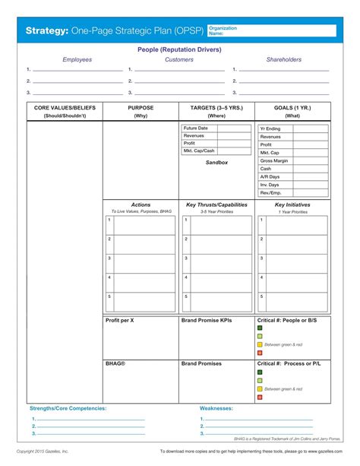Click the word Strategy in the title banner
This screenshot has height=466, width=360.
(x=47, y=31)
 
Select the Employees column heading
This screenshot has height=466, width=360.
(x=77, y=59)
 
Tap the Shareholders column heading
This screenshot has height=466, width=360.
(x=283, y=59)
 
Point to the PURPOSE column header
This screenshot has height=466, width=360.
(x=141, y=108)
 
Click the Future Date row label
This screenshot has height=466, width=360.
(x=196, y=128)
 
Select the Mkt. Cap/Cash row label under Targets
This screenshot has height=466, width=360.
(x=199, y=151)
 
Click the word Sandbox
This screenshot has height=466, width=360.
(x=216, y=163)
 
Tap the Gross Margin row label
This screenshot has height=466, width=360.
(x=274, y=161)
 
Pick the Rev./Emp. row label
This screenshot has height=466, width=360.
(x=271, y=192)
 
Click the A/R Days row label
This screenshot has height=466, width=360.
(x=270, y=176)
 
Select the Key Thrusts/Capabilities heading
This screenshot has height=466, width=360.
(x=216, y=205)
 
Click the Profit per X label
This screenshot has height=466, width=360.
(x=120, y=321)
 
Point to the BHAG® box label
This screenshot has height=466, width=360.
(x=115, y=363)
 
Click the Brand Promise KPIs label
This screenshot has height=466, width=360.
(x=207, y=321)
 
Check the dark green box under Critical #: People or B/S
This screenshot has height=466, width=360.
(x=260, y=328)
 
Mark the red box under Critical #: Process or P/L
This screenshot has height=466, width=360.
(x=260, y=397)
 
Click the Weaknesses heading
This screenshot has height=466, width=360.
(x=216, y=408)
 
